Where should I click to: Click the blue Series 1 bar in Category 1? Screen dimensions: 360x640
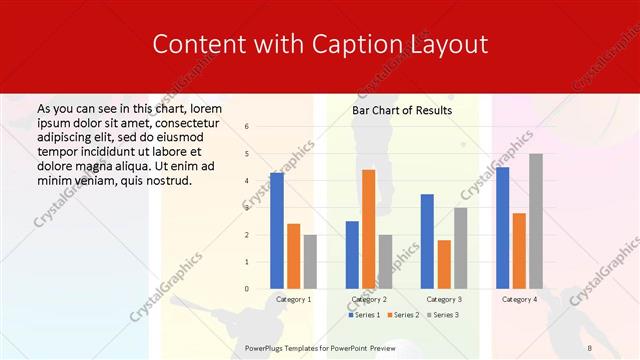[x=277, y=231]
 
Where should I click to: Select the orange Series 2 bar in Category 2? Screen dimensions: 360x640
[x=368, y=229]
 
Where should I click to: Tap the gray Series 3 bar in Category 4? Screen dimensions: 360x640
[x=536, y=221]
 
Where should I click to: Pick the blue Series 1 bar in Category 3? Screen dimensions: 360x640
[x=427, y=241]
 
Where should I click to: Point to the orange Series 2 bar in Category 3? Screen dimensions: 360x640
[x=444, y=264]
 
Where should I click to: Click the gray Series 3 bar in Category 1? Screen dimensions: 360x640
[x=310, y=262]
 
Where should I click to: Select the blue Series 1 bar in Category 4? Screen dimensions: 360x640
[x=502, y=228]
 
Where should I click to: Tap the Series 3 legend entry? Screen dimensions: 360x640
[x=445, y=315]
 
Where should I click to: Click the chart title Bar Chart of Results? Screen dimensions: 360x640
[x=402, y=110]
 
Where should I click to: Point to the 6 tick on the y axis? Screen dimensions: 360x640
[x=247, y=127]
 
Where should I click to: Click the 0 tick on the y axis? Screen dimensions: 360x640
[x=247, y=289]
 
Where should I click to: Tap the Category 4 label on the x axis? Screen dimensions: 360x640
[x=519, y=299]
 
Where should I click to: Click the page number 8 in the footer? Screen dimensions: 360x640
[x=589, y=347]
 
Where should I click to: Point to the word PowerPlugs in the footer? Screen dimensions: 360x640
[x=268, y=347]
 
